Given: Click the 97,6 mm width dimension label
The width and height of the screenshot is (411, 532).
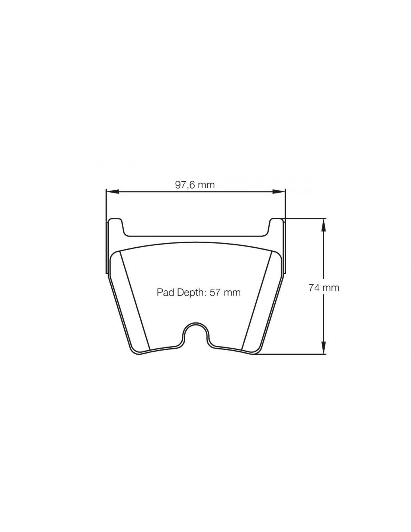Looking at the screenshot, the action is coord(195,185).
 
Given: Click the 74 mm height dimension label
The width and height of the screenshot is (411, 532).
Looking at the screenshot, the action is coord(324,288).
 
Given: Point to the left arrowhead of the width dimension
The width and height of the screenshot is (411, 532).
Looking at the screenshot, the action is coord(112,192).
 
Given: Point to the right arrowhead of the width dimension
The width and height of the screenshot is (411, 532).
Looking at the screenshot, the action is coord(279,192).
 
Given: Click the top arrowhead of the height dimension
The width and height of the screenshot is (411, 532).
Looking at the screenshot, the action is coord(324,224).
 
